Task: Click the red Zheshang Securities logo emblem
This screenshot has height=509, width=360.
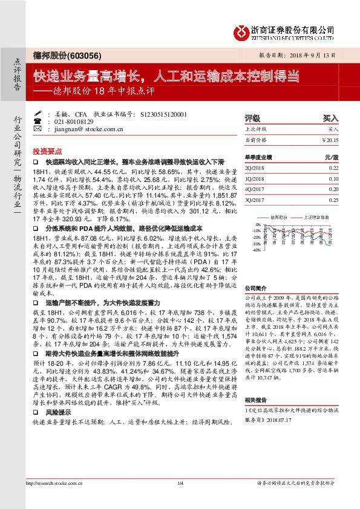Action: [x=241, y=31]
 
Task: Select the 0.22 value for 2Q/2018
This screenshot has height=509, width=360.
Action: [x=333, y=167]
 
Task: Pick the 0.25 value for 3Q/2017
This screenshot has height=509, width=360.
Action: [x=333, y=199]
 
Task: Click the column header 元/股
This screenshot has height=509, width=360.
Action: [x=330, y=156]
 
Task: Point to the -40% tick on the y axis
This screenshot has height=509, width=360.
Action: [x=256, y=250]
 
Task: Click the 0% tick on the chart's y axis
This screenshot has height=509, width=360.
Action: [x=258, y=224]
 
